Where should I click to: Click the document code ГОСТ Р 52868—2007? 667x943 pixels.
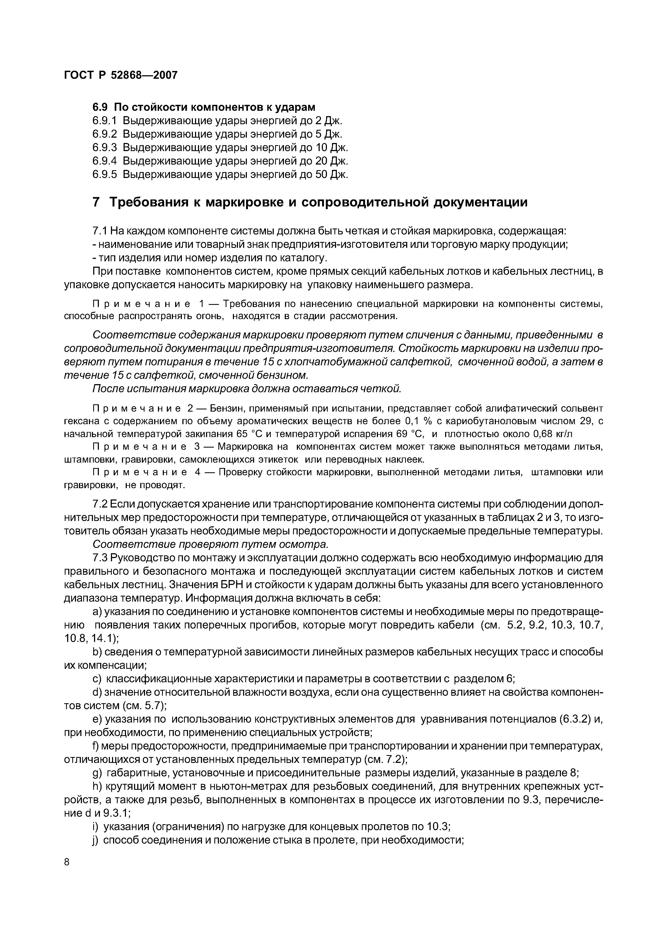pyautogui.click(x=121, y=75)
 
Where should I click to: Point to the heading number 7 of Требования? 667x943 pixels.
pyautogui.click(x=96, y=203)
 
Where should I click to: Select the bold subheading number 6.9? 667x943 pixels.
pyautogui.click(x=100, y=107)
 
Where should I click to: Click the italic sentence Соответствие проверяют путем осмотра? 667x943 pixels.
pyautogui.click(x=210, y=544)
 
